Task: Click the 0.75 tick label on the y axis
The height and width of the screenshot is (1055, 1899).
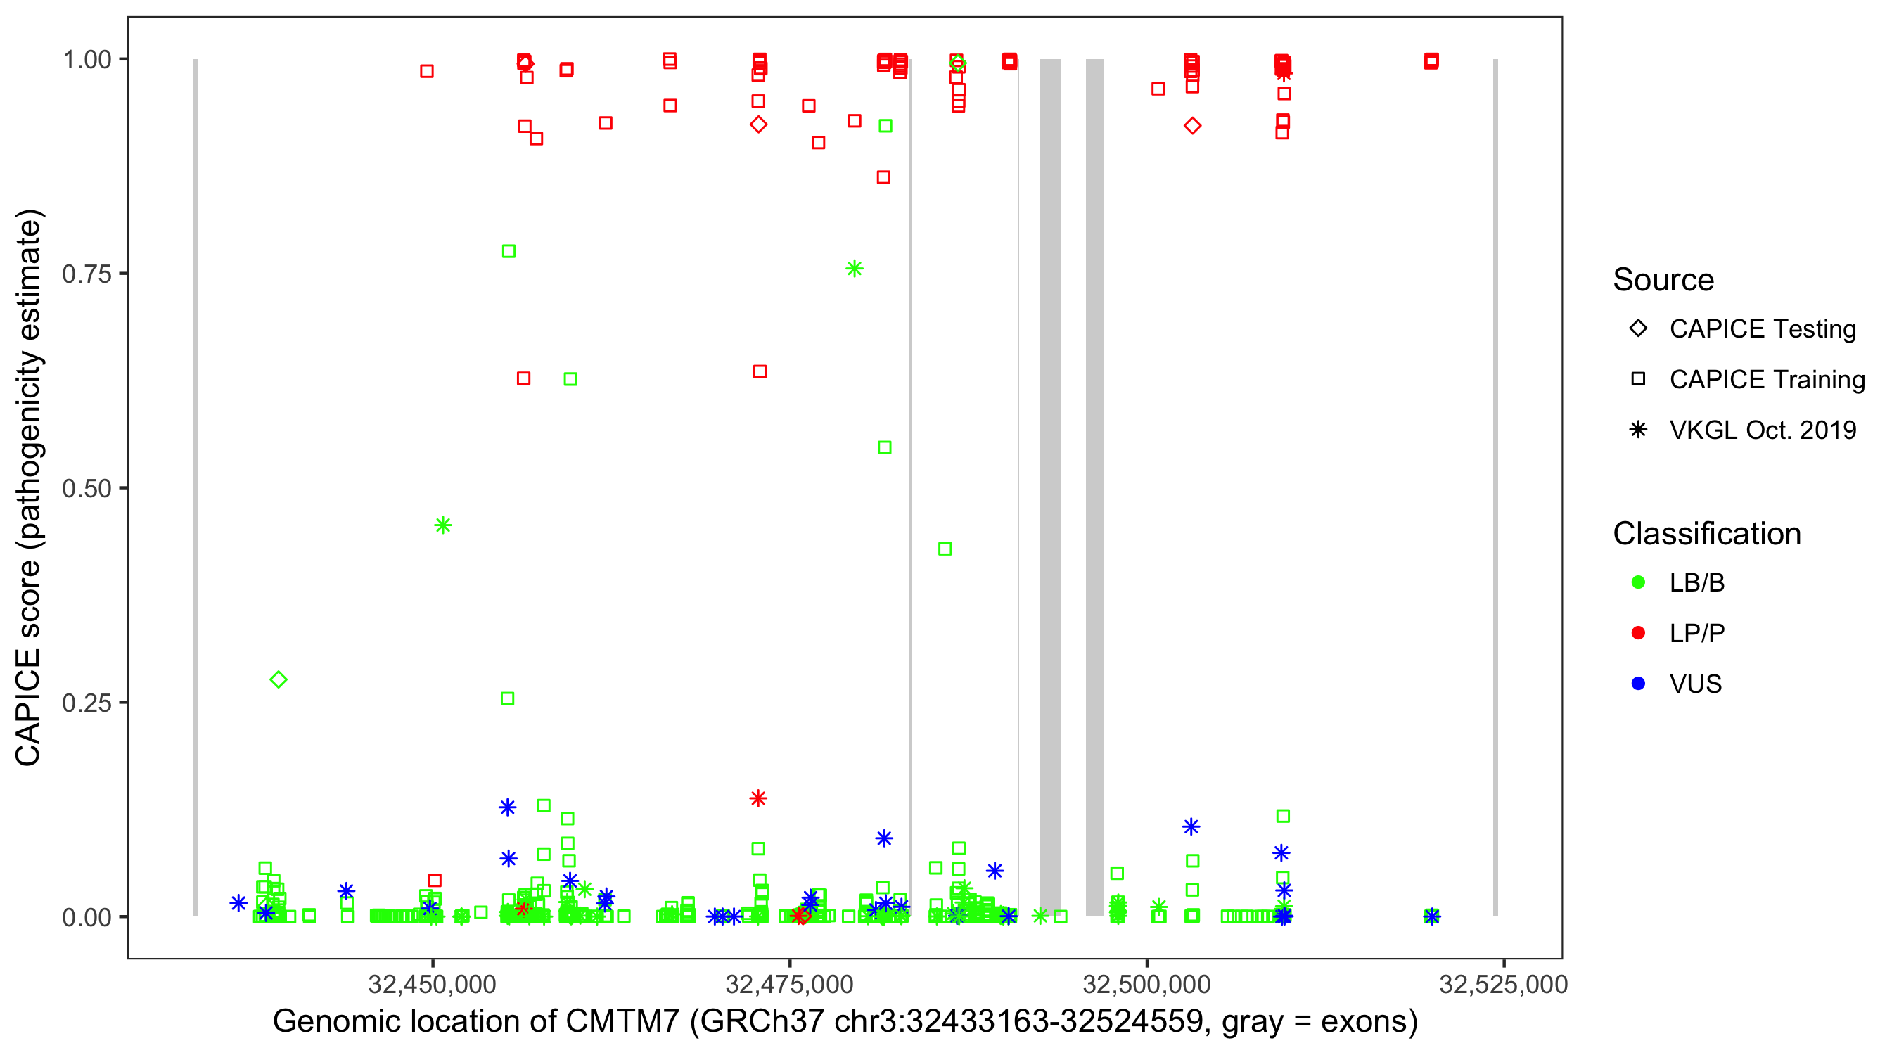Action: click(x=87, y=274)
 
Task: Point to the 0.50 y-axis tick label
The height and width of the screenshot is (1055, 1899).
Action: click(x=87, y=488)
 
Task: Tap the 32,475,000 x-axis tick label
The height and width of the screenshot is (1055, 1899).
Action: click(x=789, y=983)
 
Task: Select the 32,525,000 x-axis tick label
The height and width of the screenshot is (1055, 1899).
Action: click(x=1503, y=983)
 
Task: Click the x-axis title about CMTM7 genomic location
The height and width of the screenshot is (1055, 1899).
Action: click(x=845, y=1021)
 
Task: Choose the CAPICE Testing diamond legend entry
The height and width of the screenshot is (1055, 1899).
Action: click(x=1638, y=329)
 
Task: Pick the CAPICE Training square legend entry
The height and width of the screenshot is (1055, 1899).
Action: click(x=1638, y=379)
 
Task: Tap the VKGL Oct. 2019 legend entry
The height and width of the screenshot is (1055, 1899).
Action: click(x=1638, y=430)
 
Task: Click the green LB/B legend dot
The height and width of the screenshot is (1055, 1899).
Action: click(x=1638, y=582)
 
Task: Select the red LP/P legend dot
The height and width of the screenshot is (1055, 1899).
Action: click(x=1638, y=633)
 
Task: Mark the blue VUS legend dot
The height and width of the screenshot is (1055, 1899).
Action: click(x=1638, y=684)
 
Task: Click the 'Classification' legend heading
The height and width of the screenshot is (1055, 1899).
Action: click(x=1706, y=533)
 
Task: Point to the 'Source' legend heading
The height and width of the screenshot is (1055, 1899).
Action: click(x=1663, y=279)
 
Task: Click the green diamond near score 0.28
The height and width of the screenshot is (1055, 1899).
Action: click(x=278, y=679)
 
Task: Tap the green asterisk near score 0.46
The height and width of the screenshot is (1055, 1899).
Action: click(x=443, y=525)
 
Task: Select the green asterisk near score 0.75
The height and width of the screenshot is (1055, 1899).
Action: click(x=855, y=269)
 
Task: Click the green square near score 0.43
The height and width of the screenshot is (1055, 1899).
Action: click(x=945, y=549)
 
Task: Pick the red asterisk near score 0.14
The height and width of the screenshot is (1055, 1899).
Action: click(x=759, y=798)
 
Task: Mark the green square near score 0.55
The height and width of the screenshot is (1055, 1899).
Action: click(x=885, y=447)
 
